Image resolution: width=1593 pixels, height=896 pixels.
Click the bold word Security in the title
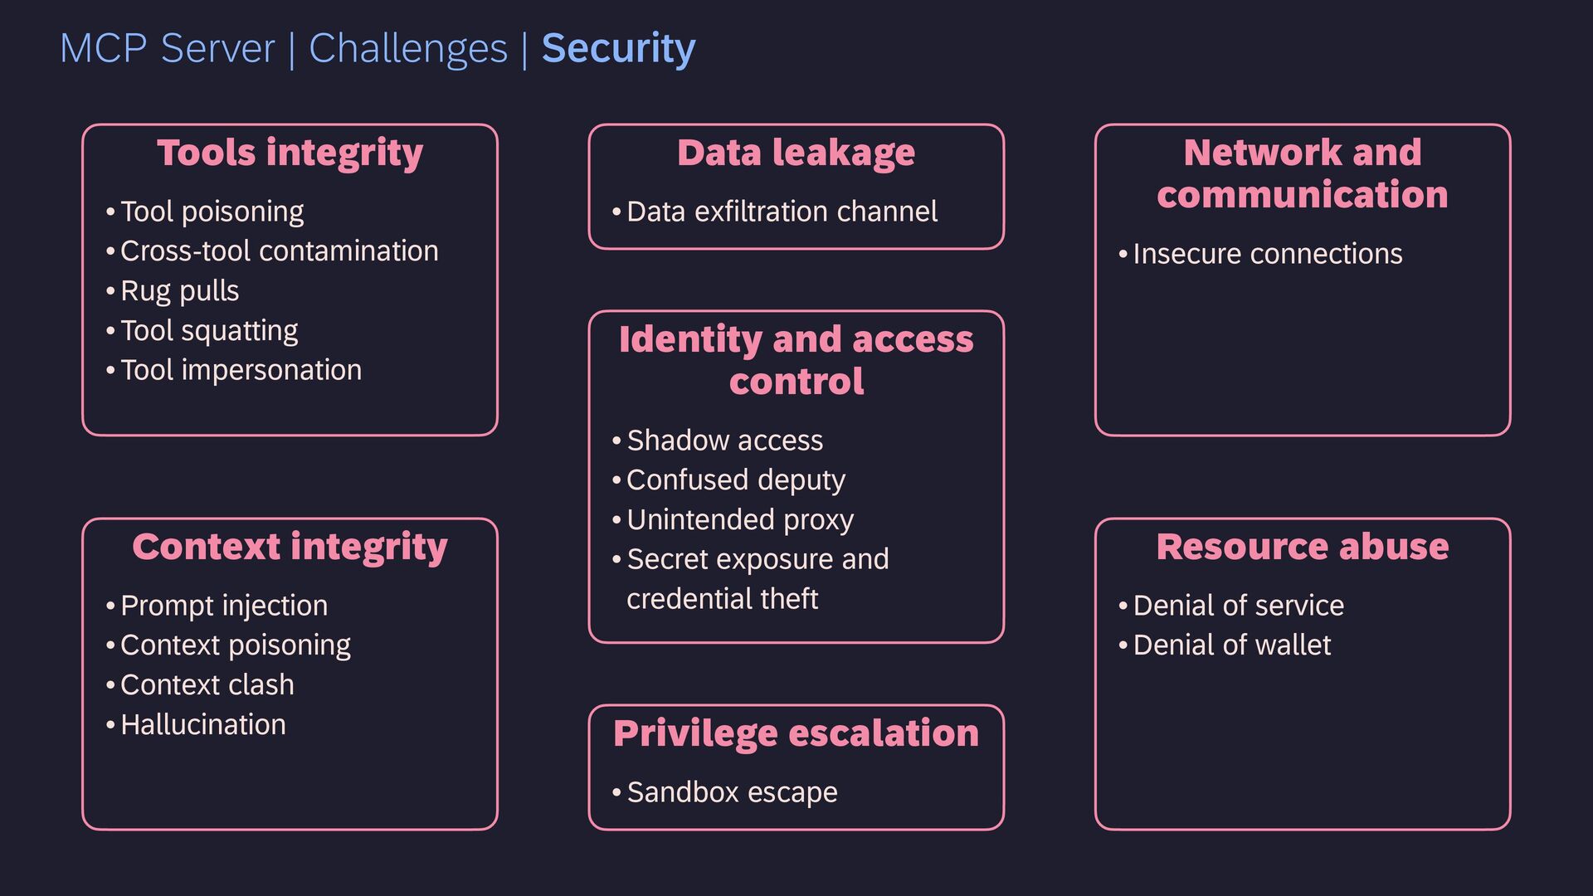coord(618,48)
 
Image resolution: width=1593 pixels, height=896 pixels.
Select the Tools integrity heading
coord(290,153)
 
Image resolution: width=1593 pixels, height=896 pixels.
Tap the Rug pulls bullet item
coord(179,291)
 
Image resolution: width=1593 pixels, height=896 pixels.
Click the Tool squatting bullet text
coord(209,331)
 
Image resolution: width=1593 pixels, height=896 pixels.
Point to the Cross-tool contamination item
coord(279,251)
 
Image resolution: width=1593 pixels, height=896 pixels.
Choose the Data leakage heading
coord(796,153)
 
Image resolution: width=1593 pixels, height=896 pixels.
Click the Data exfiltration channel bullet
coord(782,212)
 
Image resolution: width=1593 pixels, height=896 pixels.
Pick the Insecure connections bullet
coord(1267,254)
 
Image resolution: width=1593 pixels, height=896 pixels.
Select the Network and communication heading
coord(1302,173)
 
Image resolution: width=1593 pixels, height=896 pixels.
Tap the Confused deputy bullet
coord(735,480)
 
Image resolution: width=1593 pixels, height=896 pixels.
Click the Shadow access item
coord(724,441)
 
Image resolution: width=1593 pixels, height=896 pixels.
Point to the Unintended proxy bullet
coord(739,520)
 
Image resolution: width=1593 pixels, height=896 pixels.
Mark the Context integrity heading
coord(290,547)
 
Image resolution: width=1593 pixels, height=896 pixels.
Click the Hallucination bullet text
coord(202,725)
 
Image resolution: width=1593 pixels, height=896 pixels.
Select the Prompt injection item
coord(224,606)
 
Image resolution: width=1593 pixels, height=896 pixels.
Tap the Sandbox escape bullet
coord(732,792)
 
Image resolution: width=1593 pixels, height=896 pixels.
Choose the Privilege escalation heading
coord(796,733)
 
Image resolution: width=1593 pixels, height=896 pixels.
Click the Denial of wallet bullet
coord(1231,645)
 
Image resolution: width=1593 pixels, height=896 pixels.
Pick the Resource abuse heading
coord(1302,547)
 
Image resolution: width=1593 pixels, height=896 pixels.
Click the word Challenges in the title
coord(407,48)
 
